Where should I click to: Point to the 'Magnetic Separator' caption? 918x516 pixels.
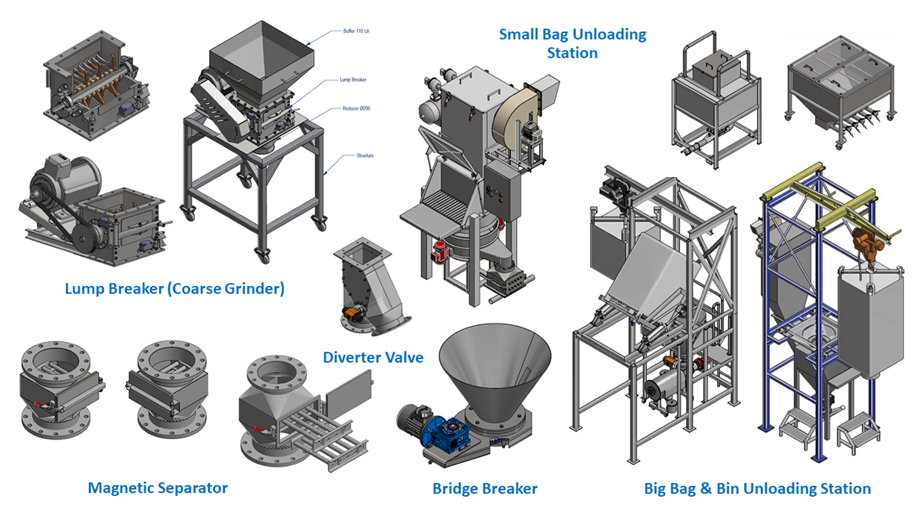pyautogui.click(x=158, y=488)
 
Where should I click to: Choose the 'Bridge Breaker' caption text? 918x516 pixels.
pyautogui.click(x=485, y=489)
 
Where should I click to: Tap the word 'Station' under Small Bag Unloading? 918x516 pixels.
pyautogui.click(x=572, y=53)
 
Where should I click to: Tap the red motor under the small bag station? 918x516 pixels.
pyautogui.click(x=440, y=253)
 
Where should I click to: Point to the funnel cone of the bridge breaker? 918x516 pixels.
pyautogui.click(x=496, y=366)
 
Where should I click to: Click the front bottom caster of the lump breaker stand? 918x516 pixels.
pyautogui.click(x=262, y=255)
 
